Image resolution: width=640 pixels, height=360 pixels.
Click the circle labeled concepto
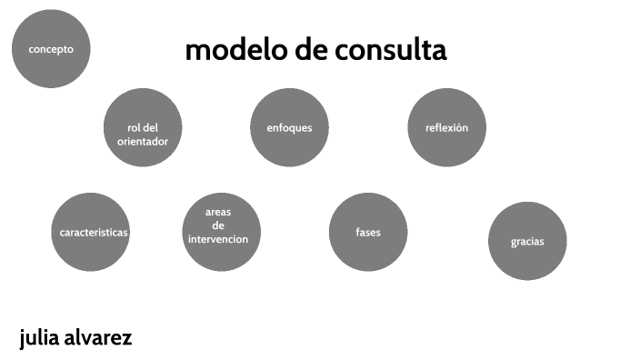51,49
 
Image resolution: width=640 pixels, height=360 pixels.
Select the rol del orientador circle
144,128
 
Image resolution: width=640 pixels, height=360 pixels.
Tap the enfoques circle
289,128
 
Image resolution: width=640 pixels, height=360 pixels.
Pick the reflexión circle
446,128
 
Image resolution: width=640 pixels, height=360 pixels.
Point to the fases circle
368,232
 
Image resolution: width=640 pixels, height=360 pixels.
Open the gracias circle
527,241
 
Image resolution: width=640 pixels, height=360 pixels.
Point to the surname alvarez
104,339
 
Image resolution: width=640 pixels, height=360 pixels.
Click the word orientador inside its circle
144,141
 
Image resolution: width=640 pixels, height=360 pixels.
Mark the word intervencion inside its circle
218,240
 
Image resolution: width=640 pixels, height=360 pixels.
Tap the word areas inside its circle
218,212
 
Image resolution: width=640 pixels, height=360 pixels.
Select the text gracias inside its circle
527,242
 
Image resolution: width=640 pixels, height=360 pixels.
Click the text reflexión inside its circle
446,128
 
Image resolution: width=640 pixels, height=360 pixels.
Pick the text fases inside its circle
368,233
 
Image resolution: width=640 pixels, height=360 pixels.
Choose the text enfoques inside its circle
289,128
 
